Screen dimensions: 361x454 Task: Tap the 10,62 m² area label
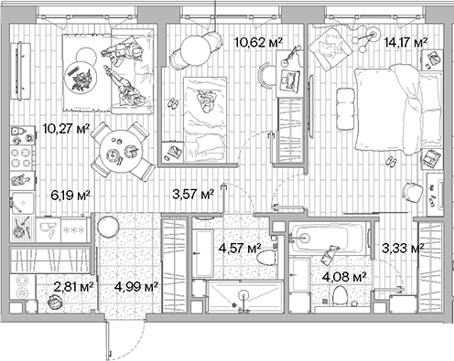(258, 41)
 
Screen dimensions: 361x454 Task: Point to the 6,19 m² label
(70, 195)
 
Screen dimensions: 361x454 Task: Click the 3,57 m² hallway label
(192, 194)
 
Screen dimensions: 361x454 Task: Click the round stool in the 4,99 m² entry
(108, 226)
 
